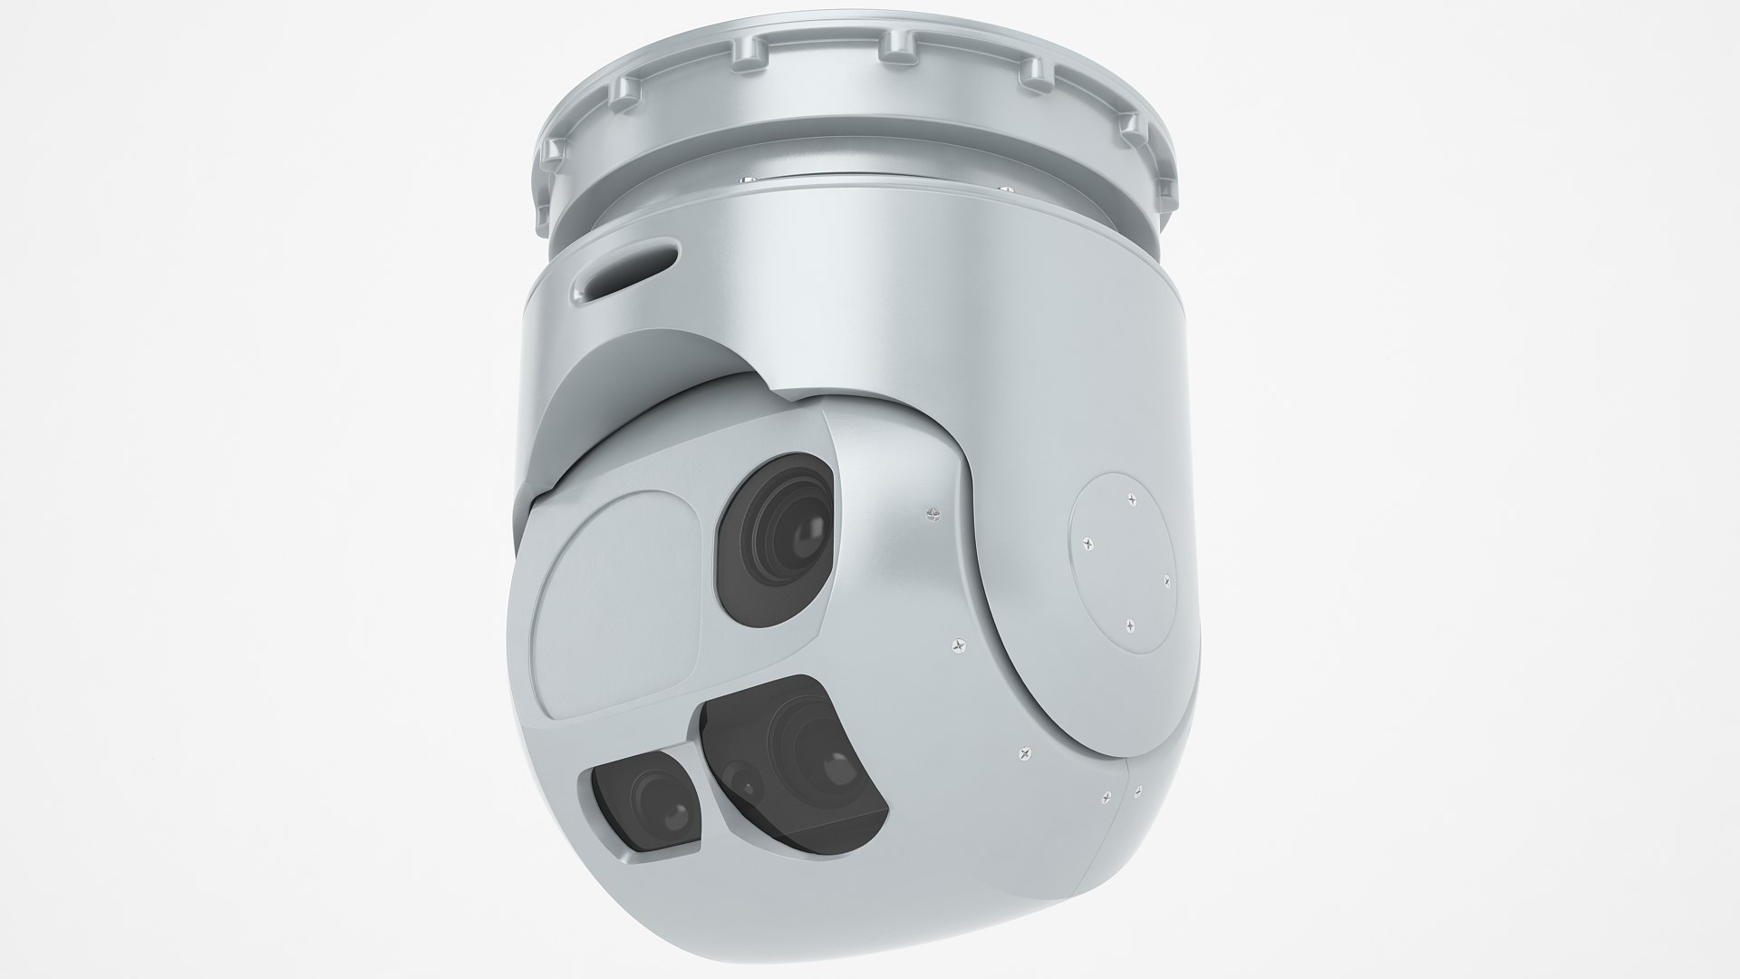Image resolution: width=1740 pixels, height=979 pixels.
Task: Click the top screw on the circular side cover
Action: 1132,497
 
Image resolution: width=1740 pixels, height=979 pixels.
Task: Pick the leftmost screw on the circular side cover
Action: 1087,544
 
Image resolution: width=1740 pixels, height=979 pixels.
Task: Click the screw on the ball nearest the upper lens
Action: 932,513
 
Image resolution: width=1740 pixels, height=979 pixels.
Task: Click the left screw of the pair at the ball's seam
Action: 1107,798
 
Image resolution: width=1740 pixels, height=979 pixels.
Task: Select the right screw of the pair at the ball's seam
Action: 1136,791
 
